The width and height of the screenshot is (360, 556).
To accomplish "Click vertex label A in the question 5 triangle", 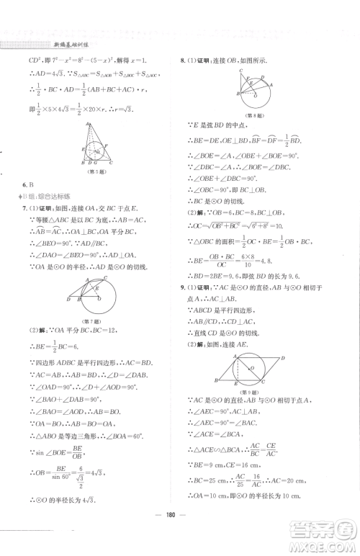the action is click(x=89, y=123).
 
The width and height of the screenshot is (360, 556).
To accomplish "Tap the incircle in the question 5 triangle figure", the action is click(x=98, y=152).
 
